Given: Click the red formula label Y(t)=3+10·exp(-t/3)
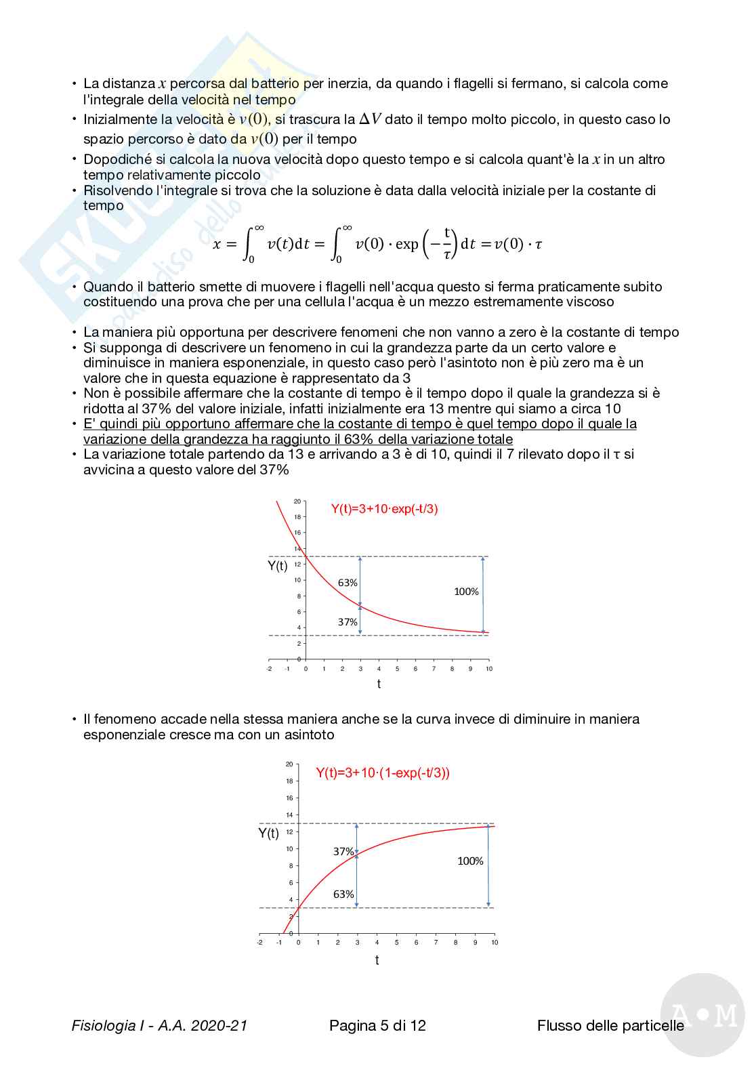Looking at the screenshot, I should click(x=384, y=509).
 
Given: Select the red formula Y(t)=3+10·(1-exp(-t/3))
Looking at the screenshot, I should click(x=383, y=773).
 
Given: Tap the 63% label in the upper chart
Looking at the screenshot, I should click(x=348, y=583).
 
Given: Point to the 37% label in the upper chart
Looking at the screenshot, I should click(x=348, y=622).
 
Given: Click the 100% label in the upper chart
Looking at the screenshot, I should click(x=466, y=592).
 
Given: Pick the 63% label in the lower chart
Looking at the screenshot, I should click(x=343, y=894).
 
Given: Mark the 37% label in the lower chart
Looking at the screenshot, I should click(x=343, y=851).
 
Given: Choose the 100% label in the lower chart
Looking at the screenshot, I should click(x=470, y=861).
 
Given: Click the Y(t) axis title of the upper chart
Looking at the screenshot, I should click(x=278, y=566).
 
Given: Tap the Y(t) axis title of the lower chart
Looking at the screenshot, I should click(x=268, y=833).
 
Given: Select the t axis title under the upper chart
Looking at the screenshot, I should click(x=379, y=684).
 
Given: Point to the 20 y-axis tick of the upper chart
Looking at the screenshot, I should click(x=297, y=501).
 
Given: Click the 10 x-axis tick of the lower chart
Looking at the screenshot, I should click(x=495, y=943).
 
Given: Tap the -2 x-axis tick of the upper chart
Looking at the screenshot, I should click(x=269, y=669).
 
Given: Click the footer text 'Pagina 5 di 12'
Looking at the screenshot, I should click(x=377, y=1025).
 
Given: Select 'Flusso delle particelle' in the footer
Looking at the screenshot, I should click(x=610, y=1025).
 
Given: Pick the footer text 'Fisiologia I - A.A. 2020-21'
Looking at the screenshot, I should click(x=159, y=1025).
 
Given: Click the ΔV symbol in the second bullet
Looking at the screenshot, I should click(x=370, y=119).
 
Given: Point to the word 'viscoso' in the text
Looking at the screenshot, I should click(x=590, y=302).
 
